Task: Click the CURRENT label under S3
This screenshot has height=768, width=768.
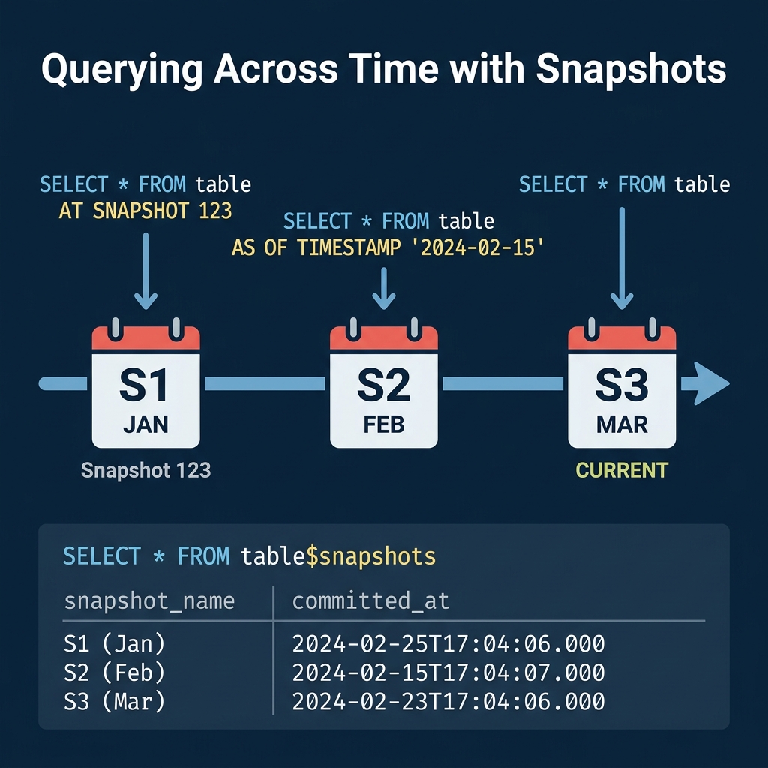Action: coord(622,471)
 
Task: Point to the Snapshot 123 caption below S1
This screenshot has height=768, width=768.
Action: coord(145,471)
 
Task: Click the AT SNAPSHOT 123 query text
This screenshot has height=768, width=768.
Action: coord(145,211)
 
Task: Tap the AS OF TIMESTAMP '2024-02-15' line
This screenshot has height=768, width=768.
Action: coord(388,247)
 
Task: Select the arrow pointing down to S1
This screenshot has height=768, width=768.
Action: coord(145,270)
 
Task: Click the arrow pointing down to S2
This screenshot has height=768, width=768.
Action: coord(384,289)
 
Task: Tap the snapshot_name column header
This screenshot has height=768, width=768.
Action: coord(149,601)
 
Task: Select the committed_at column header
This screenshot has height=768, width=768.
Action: coord(370,601)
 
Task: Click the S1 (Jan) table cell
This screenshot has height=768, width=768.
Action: coord(115,643)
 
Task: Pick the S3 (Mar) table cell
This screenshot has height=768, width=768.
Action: coord(115,702)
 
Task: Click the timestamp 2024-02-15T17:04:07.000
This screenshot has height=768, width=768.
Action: coord(448,673)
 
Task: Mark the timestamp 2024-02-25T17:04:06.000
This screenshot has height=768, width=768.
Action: coord(448,643)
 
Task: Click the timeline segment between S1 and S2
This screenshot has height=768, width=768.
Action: coord(265,383)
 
